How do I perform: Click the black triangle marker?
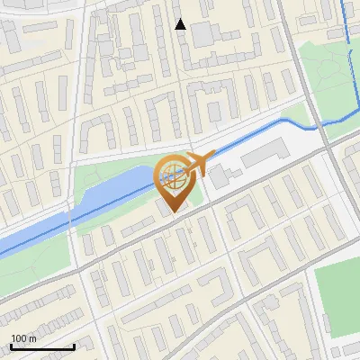[181, 24]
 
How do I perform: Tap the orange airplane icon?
[196, 164]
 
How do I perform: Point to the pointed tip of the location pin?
[174, 211]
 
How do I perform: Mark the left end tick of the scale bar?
[12, 346]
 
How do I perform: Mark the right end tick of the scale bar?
[74, 346]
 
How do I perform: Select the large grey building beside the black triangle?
[202, 34]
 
